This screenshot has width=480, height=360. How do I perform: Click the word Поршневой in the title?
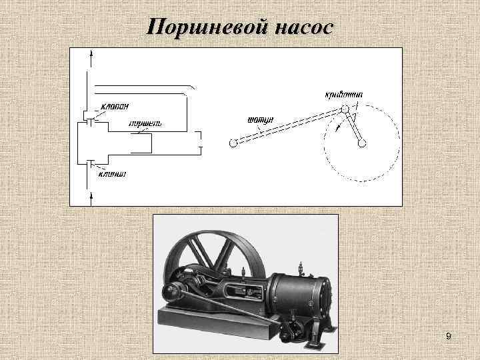[206, 27]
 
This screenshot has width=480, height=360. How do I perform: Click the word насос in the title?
[299, 27]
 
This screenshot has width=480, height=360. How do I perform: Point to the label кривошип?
[344, 94]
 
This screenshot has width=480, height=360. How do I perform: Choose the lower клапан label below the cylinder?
[113, 175]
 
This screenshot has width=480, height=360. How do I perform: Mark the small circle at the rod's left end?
[232, 143]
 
